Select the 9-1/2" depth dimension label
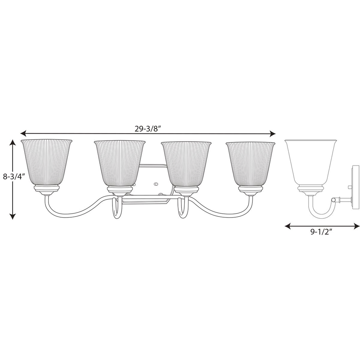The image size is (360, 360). (320, 232)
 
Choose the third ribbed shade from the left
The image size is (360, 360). (186, 164)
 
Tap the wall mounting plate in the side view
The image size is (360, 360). (355, 187)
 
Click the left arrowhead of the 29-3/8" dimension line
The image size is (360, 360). (23, 133)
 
